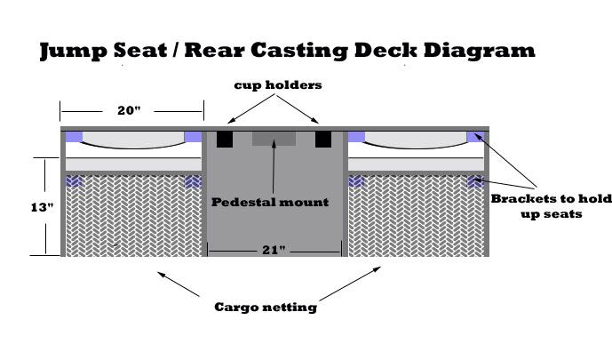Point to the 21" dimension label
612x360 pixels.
pos(274,251)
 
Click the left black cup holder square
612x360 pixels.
pos(225,140)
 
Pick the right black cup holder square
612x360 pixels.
pos(323,140)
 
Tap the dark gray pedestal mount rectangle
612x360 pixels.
pos(274,139)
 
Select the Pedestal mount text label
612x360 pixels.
pos(270,202)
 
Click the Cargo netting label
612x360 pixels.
pos(266,308)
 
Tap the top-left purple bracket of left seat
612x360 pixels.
pos(74,137)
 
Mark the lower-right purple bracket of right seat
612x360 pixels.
pos(476,181)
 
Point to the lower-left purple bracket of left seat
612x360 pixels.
pos(75,181)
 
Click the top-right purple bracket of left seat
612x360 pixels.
pos(193,137)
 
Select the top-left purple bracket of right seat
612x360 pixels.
pos(357,137)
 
